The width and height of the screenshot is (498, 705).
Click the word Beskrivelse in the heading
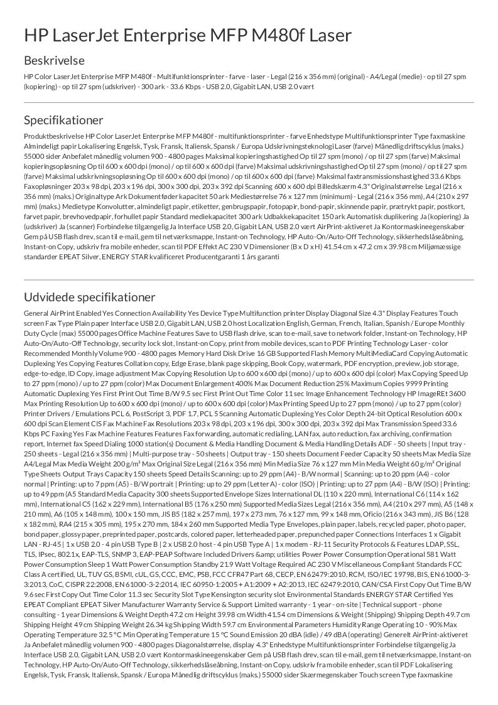pos(54,61)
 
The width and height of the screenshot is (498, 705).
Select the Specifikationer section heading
pos(63,120)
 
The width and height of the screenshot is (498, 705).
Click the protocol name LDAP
pos(418,563)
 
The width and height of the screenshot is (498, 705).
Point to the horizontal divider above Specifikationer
pos(249,102)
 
